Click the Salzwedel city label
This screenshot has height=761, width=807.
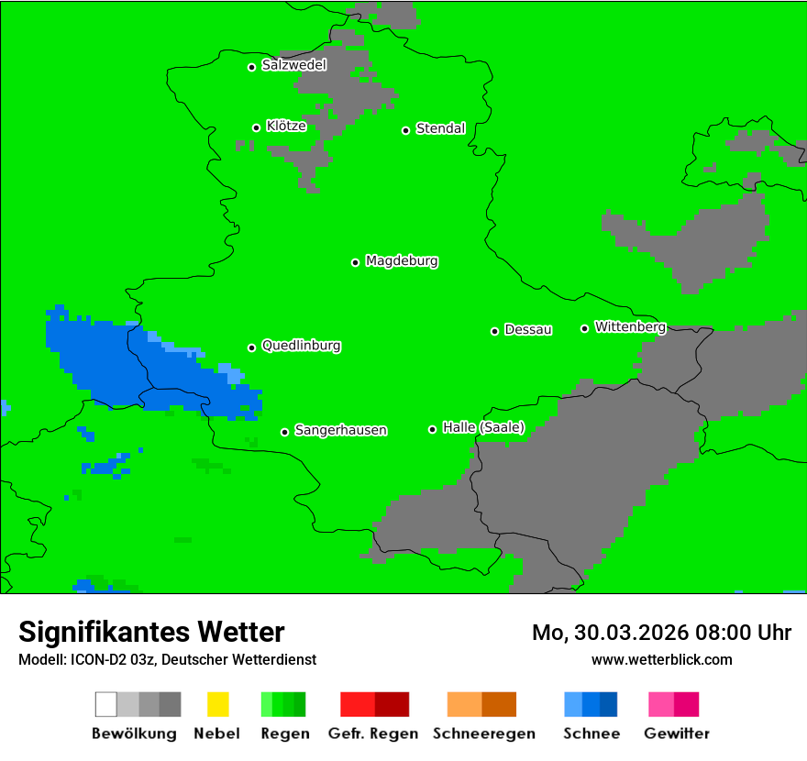(293, 65)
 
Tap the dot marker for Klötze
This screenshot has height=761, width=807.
(257, 127)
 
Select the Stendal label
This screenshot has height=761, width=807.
(440, 128)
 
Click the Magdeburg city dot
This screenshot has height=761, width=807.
(356, 262)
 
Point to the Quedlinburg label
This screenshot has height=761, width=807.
(301, 346)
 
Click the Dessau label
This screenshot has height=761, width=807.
(528, 329)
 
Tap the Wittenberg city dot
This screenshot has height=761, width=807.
(584, 328)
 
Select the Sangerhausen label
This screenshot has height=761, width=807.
(340, 430)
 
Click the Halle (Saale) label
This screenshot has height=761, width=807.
(483, 427)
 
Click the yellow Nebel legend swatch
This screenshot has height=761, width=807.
(217, 704)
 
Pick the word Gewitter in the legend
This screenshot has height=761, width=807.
(677, 733)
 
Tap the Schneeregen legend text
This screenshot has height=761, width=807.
(483, 733)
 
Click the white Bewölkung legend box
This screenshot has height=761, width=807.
(106, 704)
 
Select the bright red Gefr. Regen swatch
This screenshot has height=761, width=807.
(358, 704)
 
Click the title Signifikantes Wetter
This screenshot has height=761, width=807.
(151, 632)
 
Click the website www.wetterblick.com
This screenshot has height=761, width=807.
(661, 659)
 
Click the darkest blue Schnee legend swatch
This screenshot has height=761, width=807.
(609, 704)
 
